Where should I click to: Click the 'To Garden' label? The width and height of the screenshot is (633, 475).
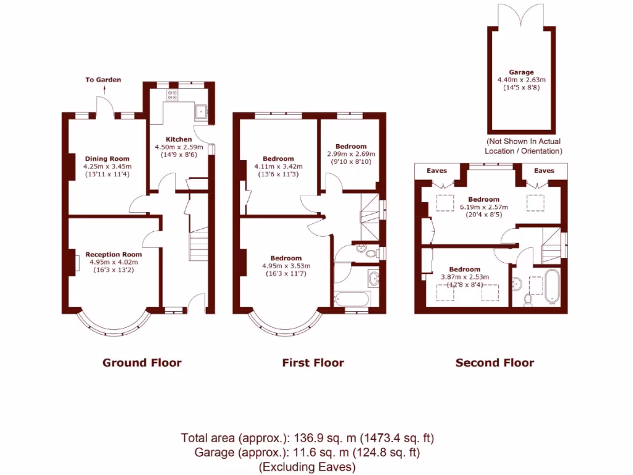click(103, 80)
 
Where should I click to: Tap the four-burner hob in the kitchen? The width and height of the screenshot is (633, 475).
click(173, 95)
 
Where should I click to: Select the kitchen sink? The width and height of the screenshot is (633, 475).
click(200, 112)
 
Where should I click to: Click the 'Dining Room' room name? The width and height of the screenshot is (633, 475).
click(107, 159)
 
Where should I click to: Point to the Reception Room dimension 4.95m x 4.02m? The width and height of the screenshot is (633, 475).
click(113, 262)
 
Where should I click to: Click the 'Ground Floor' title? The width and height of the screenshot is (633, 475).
click(142, 362)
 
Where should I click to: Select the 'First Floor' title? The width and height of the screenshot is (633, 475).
click(313, 362)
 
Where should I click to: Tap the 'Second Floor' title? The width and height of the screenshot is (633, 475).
click(495, 362)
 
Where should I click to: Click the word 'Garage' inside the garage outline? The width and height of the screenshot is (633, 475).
click(520, 72)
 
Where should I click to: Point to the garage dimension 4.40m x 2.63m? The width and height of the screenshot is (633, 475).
click(521, 80)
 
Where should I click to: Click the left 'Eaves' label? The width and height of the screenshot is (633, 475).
click(440, 171)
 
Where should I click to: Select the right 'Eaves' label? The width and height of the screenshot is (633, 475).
click(544, 171)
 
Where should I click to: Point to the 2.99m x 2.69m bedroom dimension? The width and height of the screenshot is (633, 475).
click(351, 154)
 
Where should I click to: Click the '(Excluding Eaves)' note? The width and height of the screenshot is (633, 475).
click(307, 466)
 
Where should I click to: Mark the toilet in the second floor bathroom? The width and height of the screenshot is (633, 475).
click(528, 299)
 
